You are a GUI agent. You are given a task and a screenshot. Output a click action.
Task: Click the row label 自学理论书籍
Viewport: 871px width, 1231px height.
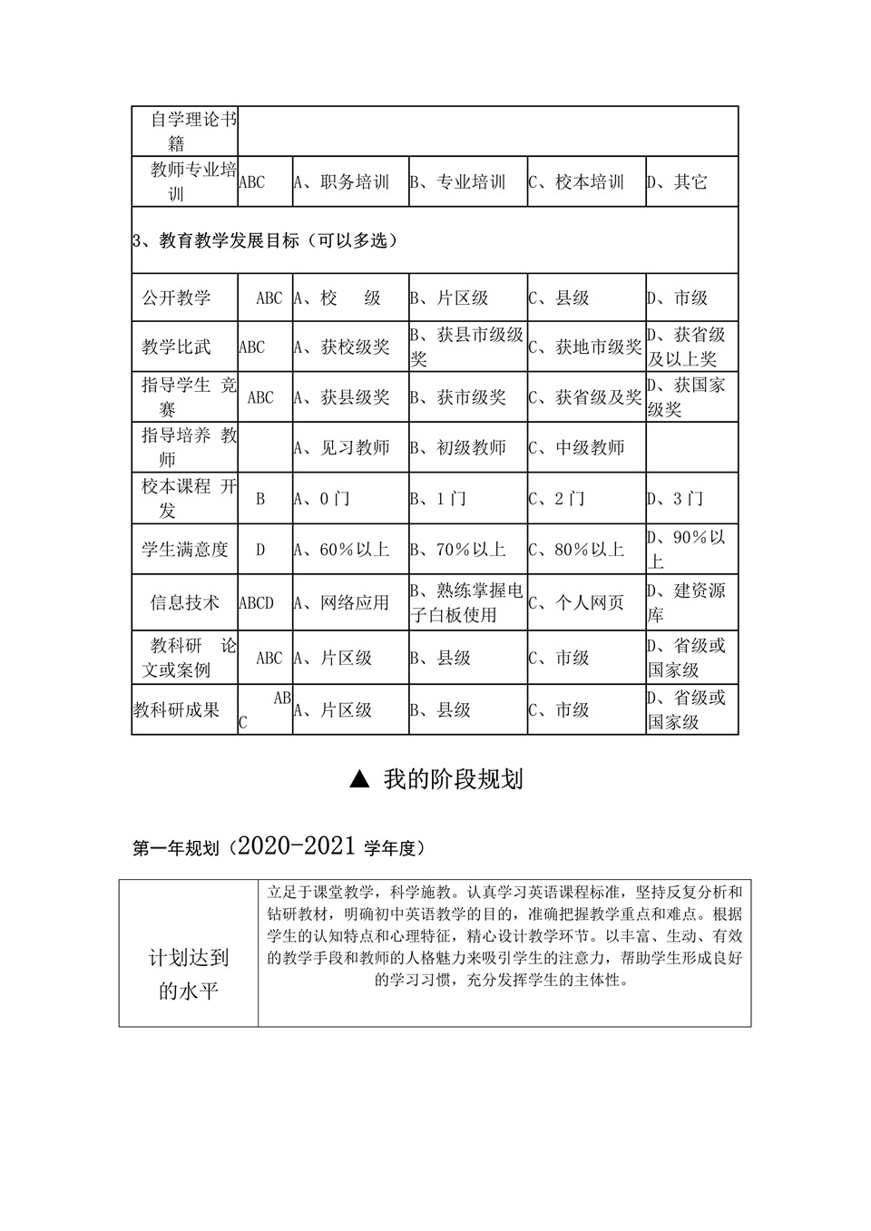point(185,131)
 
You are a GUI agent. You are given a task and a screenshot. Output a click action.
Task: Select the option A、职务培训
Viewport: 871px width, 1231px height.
point(341,182)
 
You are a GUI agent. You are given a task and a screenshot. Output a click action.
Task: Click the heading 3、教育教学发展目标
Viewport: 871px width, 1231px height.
point(265,240)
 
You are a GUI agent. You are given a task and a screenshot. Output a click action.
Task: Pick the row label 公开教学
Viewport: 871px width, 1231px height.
point(176,298)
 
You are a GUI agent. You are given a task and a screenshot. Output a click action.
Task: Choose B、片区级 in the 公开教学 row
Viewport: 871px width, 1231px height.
point(450,298)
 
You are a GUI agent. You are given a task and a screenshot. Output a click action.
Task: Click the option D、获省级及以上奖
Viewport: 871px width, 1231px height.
point(687,347)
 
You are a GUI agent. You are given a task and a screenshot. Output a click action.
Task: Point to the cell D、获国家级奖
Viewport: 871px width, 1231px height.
point(687,397)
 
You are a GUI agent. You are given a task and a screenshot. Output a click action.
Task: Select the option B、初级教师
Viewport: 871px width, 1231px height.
point(458,447)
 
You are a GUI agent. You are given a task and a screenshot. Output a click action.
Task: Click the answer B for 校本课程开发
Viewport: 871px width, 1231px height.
point(260,499)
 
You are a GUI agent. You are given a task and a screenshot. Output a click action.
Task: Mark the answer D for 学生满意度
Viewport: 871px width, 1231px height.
point(260,550)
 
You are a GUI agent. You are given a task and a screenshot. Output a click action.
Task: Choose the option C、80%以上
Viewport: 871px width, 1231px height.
point(577,550)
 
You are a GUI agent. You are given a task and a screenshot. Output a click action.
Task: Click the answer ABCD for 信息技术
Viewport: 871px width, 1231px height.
point(257,603)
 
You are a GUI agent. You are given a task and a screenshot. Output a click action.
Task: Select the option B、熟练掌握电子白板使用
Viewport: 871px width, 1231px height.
point(467,602)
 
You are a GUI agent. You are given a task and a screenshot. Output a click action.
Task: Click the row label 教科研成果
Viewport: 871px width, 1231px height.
point(177,710)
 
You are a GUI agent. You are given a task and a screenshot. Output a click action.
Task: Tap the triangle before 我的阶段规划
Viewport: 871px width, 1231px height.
point(360,779)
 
